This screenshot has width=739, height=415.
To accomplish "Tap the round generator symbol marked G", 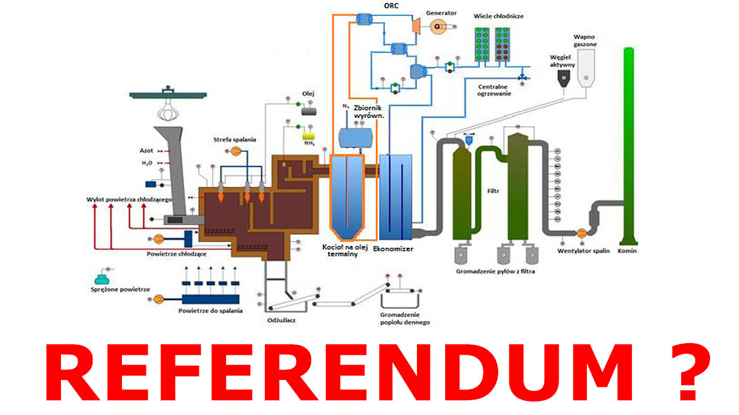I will point(439,27).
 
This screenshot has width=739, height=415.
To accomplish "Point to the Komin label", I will point(629,251).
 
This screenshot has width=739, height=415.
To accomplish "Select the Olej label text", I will point(309,93).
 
